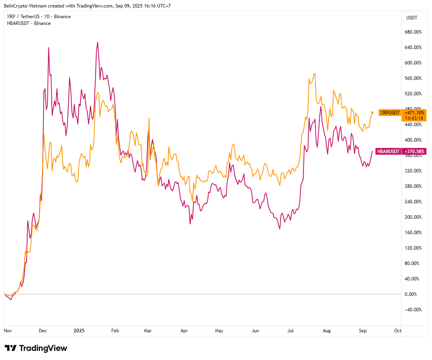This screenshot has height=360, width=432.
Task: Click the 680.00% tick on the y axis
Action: coord(413,32)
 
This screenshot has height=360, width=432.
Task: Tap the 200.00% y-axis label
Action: coord(413,217)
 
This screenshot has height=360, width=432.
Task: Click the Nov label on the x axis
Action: coord(8,330)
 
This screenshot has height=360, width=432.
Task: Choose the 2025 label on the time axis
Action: coord(79,330)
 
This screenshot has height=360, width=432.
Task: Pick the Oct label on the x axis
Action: coord(398,330)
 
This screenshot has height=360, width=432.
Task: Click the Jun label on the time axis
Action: coord(256,330)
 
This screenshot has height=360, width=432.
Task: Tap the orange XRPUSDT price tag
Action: coord(389,113)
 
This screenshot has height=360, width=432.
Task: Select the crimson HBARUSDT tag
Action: coord(388,151)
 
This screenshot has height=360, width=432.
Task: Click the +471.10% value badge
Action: coord(413,113)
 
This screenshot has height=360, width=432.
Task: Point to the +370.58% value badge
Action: coord(413,151)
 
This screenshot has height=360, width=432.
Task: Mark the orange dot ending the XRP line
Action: coord(372,112)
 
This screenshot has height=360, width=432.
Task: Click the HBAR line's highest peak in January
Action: coord(98,42)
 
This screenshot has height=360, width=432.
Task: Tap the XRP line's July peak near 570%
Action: coord(314,74)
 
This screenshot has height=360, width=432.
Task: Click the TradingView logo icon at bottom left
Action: coord(11,348)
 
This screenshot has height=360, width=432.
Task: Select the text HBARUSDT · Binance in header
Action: coord(29,23)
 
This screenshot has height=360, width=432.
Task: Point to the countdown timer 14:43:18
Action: coord(413,118)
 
